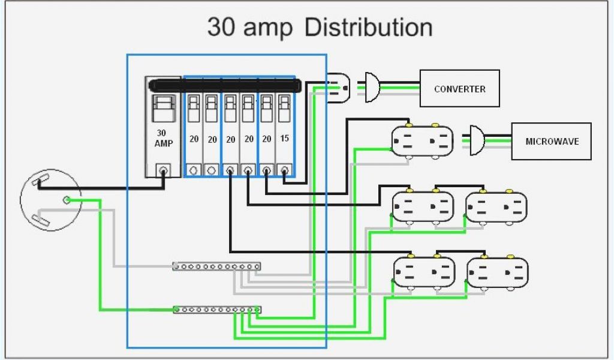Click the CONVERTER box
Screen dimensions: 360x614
click(x=459, y=89)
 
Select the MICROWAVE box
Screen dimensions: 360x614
click(x=550, y=142)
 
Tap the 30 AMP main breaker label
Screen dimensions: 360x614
click(x=163, y=138)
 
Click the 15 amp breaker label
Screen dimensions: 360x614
click(x=285, y=139)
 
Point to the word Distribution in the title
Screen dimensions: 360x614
click(x=368, y=28)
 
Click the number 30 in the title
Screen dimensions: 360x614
click(x=221, y=28)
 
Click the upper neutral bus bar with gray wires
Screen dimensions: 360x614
click(x=216, y=266)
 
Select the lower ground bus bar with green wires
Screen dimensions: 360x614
click(x=217, y=310)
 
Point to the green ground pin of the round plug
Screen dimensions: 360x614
click(x=67, y=199)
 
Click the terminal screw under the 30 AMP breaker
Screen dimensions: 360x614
click(x=162, y=170)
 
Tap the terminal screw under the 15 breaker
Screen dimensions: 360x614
click(x=284, y=170)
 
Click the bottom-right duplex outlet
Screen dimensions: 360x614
click(x=497, y=272)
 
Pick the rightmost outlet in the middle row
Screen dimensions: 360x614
click(x=496, y=207)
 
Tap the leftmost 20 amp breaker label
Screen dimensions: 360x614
click(x=194, y=139)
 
